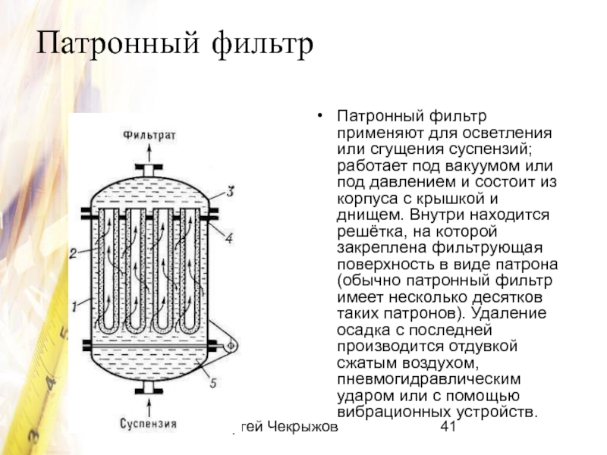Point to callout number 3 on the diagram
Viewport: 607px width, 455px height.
tap(230, 190)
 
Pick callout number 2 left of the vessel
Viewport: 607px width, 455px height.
tap(73, 253)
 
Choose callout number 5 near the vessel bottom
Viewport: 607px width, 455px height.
tap(213, 384)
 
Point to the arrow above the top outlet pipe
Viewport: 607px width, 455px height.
tap(149, 151)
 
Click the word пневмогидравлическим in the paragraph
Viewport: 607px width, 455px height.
tap(429, 380)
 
